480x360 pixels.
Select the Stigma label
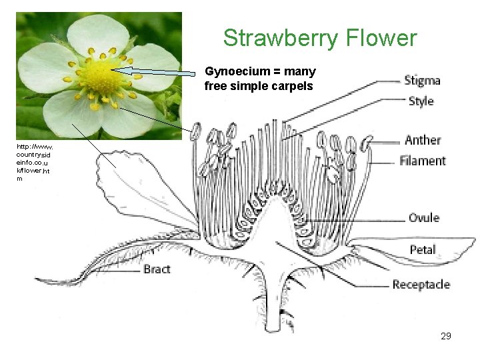click(x=422, y=81)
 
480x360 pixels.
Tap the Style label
click(x=420, y=101)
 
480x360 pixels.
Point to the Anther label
click(x=423, y=140)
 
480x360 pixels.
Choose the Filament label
click(x=423, y=161)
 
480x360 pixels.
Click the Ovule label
click(x=424, y=217)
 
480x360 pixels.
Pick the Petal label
click(x=423, y=249)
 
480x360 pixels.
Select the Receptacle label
click(x=421, y=285)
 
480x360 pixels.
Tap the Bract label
click(x=157, y=269)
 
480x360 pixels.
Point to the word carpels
click(x=294, y=85)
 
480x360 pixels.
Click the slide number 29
click(x=446, y=336)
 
